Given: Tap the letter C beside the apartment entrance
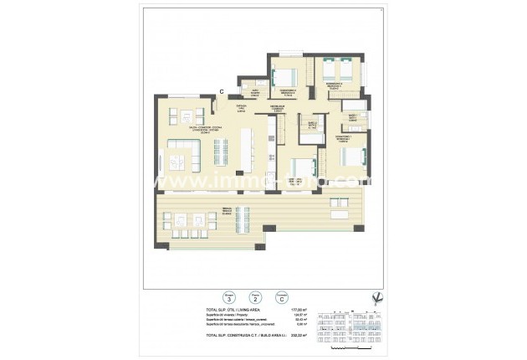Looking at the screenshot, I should coord(222,90).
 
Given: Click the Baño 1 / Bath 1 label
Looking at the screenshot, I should coord(352,117).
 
